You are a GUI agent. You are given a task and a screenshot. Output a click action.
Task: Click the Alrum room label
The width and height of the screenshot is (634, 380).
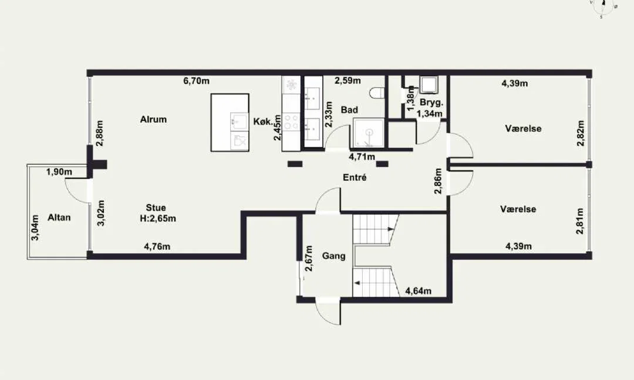point(153,119)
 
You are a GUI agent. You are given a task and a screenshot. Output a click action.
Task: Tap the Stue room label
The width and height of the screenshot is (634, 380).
point(156,208)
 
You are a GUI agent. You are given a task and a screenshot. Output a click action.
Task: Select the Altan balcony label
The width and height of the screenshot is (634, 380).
point(59,217)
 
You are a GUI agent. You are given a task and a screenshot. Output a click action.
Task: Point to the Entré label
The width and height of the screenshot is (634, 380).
point(355,177)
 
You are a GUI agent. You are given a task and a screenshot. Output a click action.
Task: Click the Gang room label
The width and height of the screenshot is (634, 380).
point(333,256)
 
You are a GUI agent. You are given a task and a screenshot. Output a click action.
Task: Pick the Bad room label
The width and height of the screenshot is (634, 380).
point(349,110)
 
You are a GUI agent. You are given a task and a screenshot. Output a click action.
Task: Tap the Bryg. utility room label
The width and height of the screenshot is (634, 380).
point(431,102)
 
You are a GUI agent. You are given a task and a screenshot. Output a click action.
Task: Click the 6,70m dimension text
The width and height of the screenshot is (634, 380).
point(197,81)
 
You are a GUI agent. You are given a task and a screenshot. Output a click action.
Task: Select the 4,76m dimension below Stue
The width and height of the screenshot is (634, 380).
point(157,246)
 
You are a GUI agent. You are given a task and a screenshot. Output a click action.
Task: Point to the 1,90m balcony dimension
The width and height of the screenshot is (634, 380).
point(59,172)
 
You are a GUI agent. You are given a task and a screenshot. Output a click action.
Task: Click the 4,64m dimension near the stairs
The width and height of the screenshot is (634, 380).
point(418,291)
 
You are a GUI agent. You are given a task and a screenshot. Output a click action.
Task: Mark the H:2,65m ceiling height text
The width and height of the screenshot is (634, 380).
point(158,219)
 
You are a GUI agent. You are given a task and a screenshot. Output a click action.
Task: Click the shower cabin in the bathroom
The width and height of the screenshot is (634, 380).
point(368,133)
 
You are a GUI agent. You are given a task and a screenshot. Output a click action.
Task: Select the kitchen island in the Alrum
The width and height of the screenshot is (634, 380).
point(230,123)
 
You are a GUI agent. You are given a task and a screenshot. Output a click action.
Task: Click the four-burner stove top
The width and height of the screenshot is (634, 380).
point(291,122)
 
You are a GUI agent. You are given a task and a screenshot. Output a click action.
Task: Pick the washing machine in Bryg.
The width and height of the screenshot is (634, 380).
point(428,85)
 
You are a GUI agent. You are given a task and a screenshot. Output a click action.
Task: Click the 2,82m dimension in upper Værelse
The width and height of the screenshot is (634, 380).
point(581,133)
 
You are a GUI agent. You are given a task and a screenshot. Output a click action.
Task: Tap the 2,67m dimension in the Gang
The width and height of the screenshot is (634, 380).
point(309,259)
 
